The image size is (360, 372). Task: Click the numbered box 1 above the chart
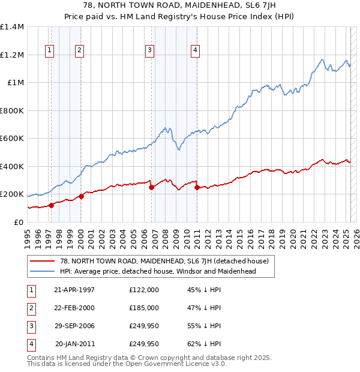[x=49, y=50]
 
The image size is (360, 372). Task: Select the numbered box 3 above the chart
[x=149, y=50]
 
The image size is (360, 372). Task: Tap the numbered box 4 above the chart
[x=195, y=50]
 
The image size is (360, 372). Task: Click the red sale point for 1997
[x=52, y=205]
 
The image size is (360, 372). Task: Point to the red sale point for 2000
[x=81, y=196]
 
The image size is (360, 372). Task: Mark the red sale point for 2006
[x=151, y=187]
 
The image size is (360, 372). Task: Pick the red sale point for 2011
[x=197, y=187]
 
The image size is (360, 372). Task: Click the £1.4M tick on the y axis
[x=12, y=27]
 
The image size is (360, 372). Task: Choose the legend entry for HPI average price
[x=158, y=271]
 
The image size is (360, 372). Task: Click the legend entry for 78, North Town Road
[x=167, y=261]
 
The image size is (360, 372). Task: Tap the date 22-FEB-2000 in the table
[x=74, y=308]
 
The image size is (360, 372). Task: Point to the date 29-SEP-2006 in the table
[x=74, y=326]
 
